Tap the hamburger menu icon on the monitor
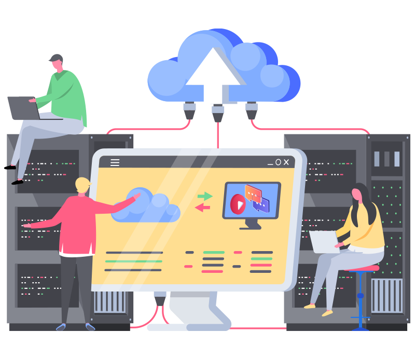click(x=115, y=162)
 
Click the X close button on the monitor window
click(x=286, y=162)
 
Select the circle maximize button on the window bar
click(x=278, y=162)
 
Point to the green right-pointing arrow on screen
click(x=205, y=196)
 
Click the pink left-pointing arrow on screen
click(x=203, y=207)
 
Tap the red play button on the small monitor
click(x=238, y=204)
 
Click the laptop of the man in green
click(x=23, y=107)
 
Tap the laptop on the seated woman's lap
click(x=324, y=241)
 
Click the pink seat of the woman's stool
click(x=362, y=268)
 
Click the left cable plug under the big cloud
click(x=189, y=110)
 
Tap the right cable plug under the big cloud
click(x=252, y=110)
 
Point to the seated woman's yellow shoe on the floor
click(x=327, y=313)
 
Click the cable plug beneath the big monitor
click(x=160, y=298)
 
